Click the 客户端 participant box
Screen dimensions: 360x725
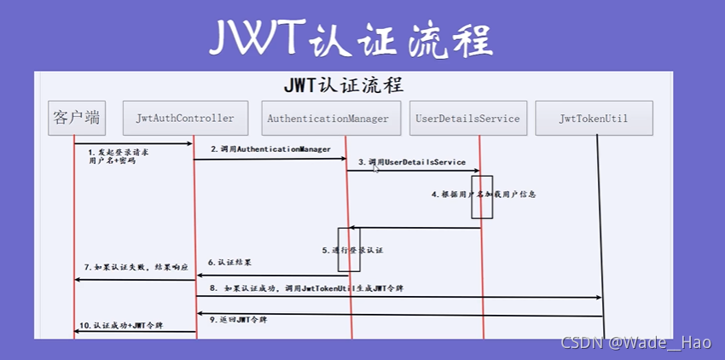76,118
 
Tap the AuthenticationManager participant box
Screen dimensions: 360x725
328,119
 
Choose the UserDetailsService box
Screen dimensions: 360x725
467,119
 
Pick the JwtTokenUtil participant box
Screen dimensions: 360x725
594,119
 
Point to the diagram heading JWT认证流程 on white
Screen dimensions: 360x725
344,85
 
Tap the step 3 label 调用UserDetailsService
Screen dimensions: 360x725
412,161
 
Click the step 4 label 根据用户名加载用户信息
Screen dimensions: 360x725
483,195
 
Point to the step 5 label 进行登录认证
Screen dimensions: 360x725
353,250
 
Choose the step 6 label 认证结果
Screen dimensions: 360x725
229,262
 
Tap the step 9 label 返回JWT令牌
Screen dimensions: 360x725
238,319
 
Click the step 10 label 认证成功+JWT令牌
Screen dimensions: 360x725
121,326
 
